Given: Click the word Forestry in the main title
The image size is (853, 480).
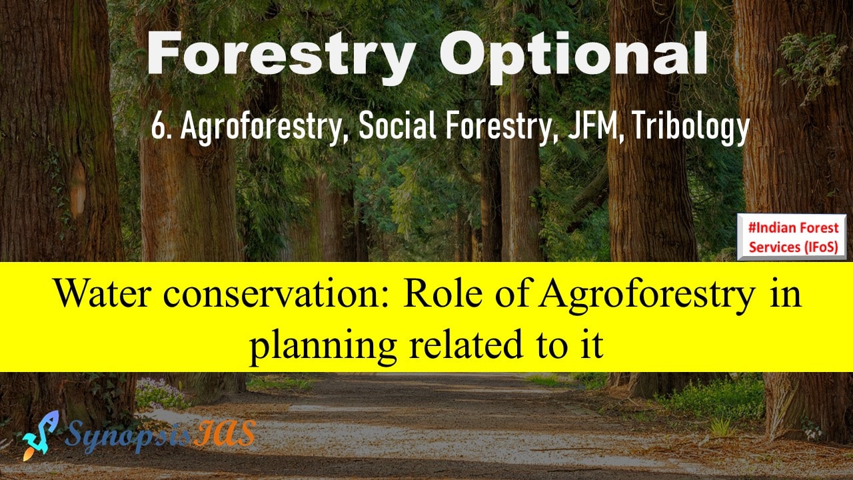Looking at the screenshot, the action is [x=281, y=55].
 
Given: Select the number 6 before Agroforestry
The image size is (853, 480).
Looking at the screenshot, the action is [x=157, y=127].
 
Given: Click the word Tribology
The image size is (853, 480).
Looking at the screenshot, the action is [x=691, y=127].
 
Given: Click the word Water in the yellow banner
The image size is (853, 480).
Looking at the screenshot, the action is [x=103, y=293].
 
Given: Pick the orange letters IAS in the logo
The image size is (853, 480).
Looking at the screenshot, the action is [x=225, y=433].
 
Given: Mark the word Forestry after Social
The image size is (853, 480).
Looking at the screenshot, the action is [x=499, y=127].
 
